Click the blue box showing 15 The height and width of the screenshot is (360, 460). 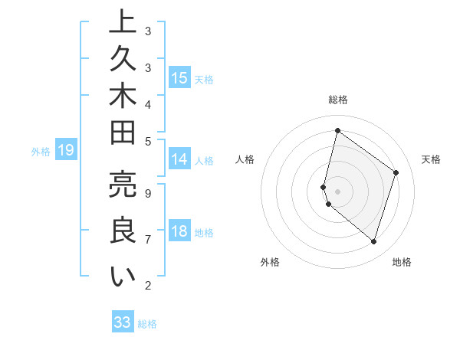click(x=179, y=77)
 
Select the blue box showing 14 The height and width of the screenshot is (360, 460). click(x=179, y=159)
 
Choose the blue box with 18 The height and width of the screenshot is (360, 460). click(x=179, y=231)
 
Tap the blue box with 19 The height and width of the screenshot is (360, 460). click(x=66, y=150)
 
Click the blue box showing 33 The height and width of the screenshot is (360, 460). click(x=123, y=322)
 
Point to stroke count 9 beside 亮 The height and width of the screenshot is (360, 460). click(x=148, y=193)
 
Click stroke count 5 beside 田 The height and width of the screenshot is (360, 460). click(x=148, y=141)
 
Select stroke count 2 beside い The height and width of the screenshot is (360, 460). click(x=148, y=286)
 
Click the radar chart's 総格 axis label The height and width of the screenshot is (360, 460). click(x=338, y=100)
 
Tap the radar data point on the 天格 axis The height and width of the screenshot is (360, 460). click(x=396, y=172)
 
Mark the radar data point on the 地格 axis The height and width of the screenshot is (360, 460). click(x=373, y=242)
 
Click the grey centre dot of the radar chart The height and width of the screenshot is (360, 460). click(x=338, y=191)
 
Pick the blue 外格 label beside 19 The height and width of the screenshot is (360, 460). click(x=41, y=152)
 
